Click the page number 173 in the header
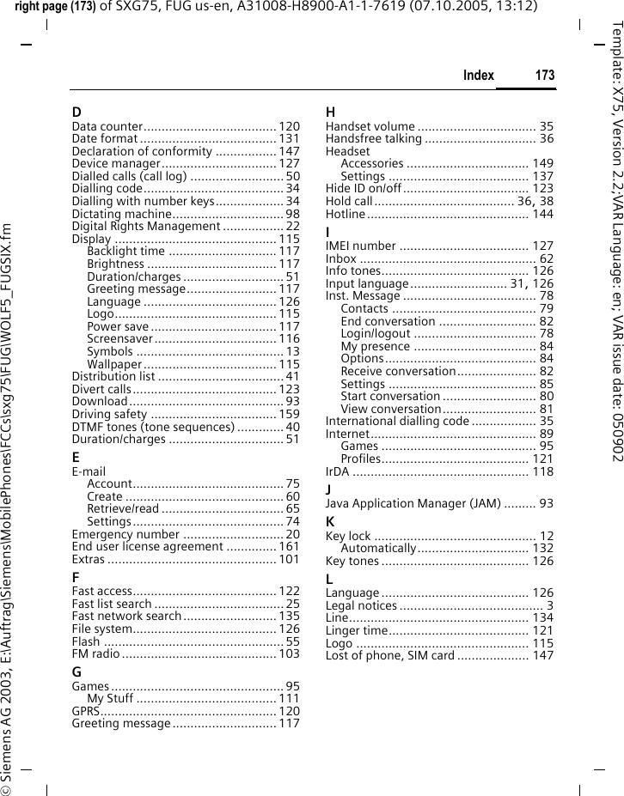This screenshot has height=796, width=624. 544,76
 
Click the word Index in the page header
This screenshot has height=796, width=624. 478,76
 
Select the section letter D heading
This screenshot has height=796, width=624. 76,112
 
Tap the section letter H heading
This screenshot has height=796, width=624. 331,112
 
